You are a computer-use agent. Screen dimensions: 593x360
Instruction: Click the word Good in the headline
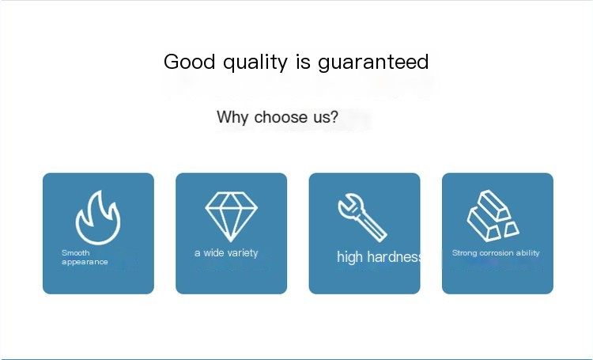189,62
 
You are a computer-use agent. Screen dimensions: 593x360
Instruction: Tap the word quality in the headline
255,63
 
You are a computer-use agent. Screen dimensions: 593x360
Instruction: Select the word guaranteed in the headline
373,63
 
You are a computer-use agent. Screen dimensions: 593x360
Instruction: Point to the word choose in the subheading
281,117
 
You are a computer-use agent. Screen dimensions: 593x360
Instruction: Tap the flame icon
98,218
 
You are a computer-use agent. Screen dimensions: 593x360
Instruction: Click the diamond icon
231,217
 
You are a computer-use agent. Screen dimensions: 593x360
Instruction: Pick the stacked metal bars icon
493,216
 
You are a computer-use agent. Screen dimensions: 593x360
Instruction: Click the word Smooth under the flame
76,252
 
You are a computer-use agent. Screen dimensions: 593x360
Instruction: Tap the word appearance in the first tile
85,262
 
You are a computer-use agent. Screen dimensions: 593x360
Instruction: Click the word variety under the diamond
243,253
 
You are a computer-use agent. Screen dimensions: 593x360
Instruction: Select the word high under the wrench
349,257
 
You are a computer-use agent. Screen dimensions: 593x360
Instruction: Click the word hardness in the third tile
394,257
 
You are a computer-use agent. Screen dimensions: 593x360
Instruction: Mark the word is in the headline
303,62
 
